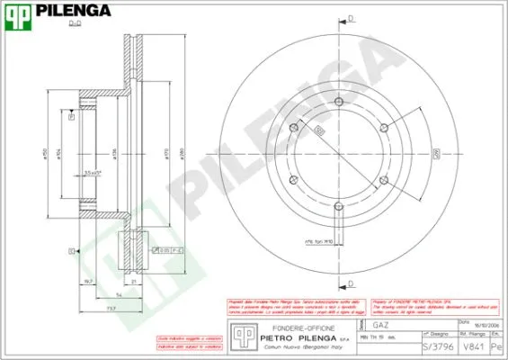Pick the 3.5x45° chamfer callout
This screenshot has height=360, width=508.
pyautogui.click(x=93, y=170)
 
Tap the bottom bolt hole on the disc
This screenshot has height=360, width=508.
pyautogui.click(x=339, y=209)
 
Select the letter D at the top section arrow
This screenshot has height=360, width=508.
pyautogui.click(x=350, y=17)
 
